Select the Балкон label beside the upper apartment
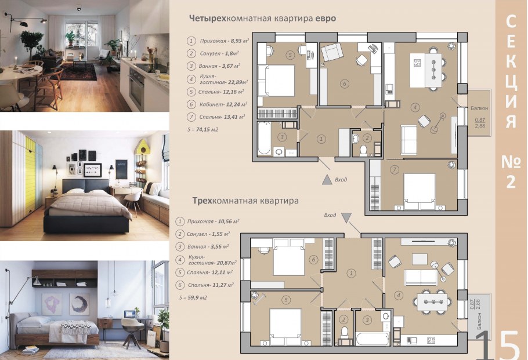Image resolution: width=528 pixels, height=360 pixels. [479, 108]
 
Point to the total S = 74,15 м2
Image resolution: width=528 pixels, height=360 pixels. [203, 129]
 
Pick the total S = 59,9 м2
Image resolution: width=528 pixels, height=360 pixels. [193, 297]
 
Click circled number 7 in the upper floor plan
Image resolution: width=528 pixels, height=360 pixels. [395, 170]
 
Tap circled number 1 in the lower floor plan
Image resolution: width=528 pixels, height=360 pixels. [351, 273]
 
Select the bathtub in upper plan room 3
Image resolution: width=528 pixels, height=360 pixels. [265, 138]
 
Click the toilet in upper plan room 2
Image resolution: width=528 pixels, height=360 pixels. [364, 150]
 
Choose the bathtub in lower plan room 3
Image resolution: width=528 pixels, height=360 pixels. [373, 339]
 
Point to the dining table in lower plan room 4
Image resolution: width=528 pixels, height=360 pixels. [432, 302]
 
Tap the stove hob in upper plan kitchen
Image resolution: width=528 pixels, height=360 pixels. [417, 63]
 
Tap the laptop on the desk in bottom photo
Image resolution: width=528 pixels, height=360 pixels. [129, 315]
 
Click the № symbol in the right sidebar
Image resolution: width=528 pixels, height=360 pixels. [511, 162]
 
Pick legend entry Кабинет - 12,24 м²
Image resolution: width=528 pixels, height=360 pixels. [219, 104]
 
